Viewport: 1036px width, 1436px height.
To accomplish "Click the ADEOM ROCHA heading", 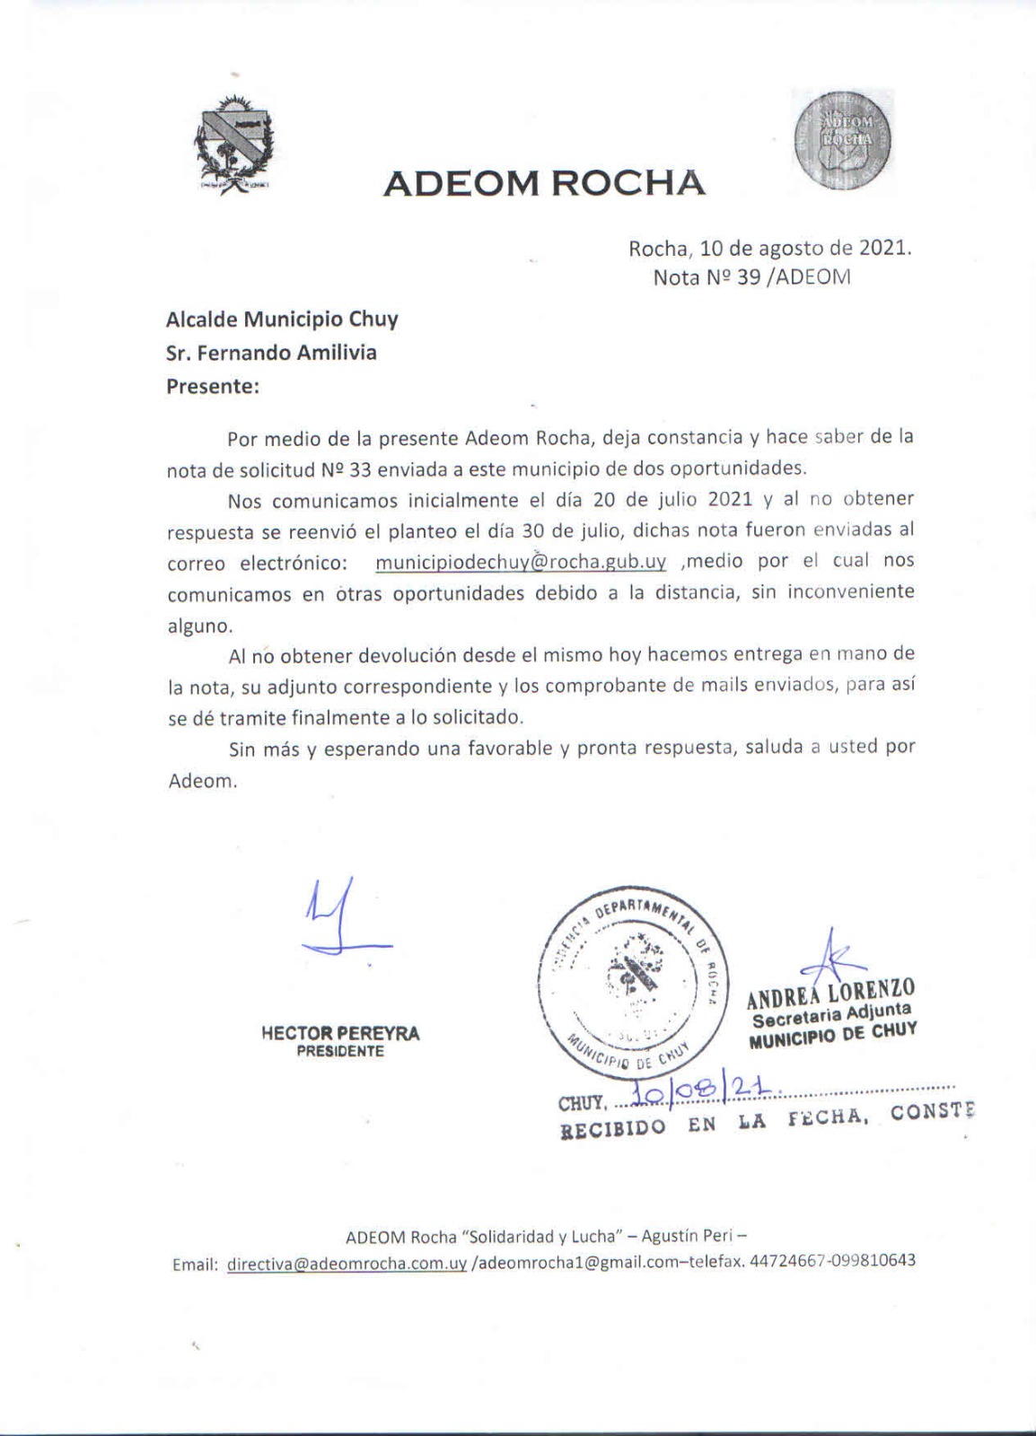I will tap(544, 183).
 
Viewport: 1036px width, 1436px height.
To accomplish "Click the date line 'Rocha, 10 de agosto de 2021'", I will tap(769, 249).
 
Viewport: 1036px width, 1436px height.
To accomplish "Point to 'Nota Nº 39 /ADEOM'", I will tap(751, 277).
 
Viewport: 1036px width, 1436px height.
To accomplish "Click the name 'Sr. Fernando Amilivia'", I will tap(272, 353).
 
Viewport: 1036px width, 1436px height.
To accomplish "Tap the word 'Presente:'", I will tap(213, 387).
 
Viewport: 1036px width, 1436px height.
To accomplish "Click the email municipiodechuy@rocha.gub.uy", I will tap(521, 562).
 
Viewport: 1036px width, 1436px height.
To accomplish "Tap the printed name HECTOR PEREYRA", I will tap(340, 1033).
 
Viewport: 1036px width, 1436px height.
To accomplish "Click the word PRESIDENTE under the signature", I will tap(340, 1051).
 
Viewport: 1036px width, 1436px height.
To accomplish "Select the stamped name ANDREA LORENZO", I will tap(831, 992).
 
